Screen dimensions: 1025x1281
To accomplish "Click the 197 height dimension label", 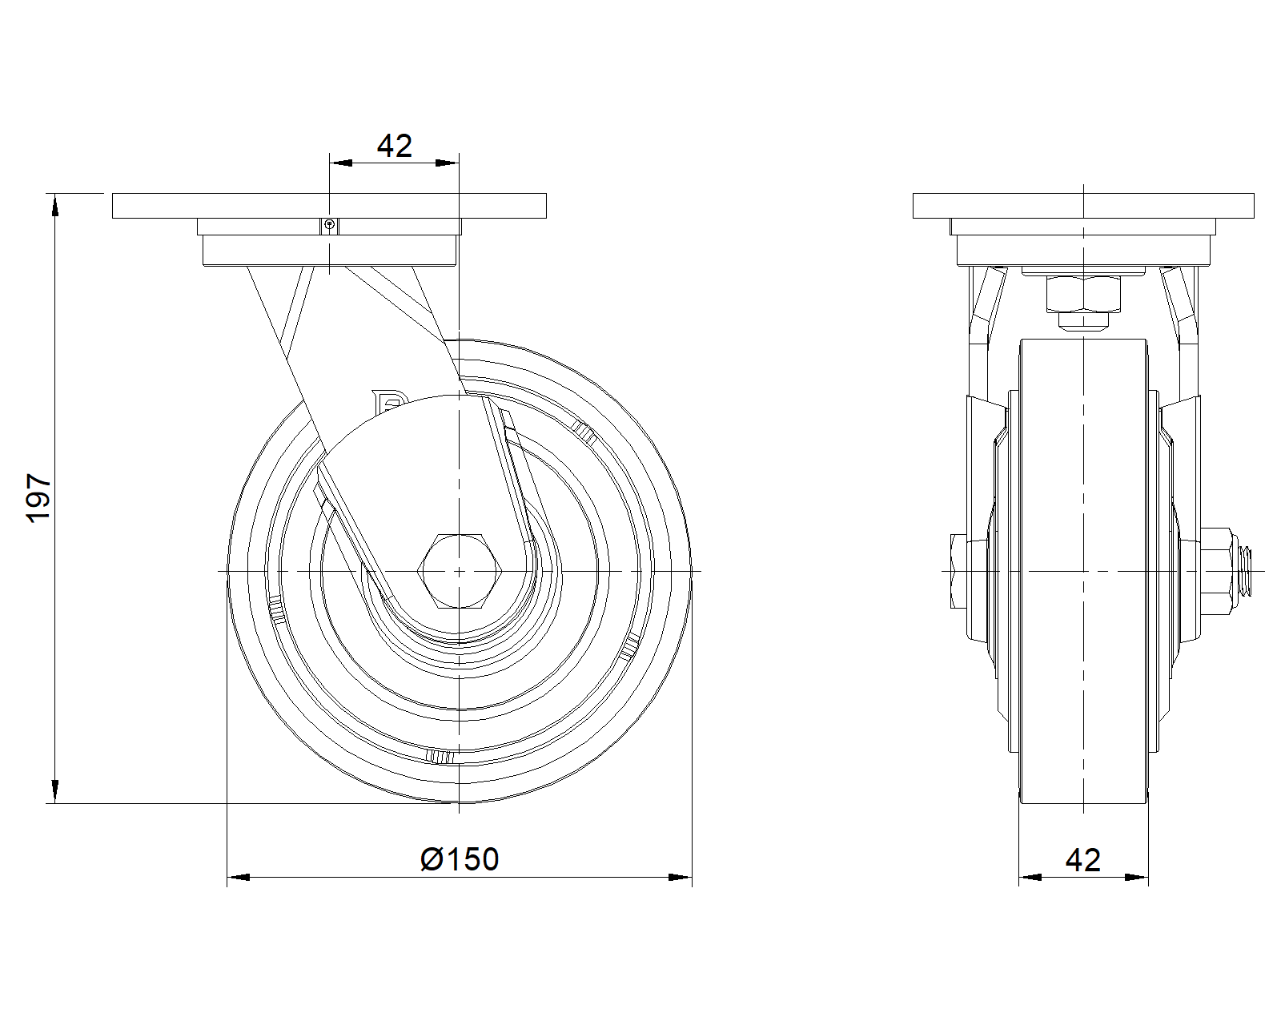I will [38, 498].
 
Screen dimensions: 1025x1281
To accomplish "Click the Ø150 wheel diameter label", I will [460, 859].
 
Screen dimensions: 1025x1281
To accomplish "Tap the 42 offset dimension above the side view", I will [394, 146].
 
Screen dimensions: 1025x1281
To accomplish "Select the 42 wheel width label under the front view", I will [1083, 860].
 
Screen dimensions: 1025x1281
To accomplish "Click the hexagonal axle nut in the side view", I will [458, 571].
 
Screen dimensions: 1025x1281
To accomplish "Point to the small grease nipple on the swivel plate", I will [330, 225].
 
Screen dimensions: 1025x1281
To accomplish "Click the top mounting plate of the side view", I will [329, 206].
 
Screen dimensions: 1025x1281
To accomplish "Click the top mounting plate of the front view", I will [1083, 206].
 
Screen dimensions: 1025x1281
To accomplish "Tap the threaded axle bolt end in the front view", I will [1246, 571].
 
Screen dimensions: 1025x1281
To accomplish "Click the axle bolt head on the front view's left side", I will [958, 571].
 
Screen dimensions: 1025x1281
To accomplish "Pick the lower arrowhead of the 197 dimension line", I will [54, 791].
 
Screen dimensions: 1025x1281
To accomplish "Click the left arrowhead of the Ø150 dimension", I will [239, 878].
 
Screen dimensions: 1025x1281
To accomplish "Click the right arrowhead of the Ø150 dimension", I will [681, 878].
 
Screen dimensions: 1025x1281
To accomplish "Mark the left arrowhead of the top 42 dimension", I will [341, 163].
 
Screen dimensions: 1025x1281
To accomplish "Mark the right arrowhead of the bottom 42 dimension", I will [1137, 878].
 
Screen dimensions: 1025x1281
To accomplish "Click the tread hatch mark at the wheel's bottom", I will [441, 756].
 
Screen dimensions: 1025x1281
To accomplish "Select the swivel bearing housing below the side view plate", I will [329, 249].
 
